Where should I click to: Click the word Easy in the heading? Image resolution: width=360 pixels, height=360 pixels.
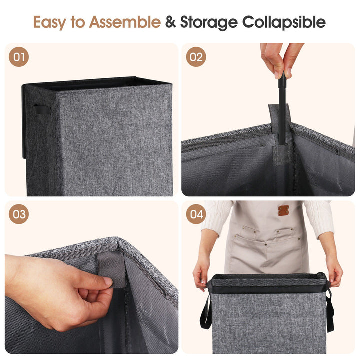[x=50, y=22]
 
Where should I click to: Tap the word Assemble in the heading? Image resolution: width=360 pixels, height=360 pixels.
[x=125, y=22]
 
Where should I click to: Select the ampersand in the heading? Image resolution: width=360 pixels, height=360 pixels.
[x=170, y=22]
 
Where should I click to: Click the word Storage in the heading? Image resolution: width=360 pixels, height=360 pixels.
[x=209, y=23]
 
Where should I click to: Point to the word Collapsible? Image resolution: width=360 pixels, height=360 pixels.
[x=284, y=22]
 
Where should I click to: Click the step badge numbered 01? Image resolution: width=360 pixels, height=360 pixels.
[x=19, y=57]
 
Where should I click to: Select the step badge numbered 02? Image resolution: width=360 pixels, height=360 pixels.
[x=196, y=57]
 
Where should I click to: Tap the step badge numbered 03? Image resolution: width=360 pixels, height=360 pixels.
[x=19, y=214]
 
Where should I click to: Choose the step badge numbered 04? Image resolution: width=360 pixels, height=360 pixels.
[x=196, y=214]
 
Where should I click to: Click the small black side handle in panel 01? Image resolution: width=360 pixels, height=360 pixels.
[x=42, y=110]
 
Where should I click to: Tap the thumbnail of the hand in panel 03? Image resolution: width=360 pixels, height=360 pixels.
[x=108, y=281]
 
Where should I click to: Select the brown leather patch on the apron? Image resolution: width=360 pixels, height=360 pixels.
[x=283, y=210]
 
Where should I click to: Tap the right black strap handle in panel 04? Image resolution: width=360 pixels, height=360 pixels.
[x=330, y=311]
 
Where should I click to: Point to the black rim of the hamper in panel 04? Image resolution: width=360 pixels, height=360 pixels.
[x=268, y=283]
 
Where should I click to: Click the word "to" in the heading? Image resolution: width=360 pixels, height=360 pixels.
[x=78, y=22]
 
